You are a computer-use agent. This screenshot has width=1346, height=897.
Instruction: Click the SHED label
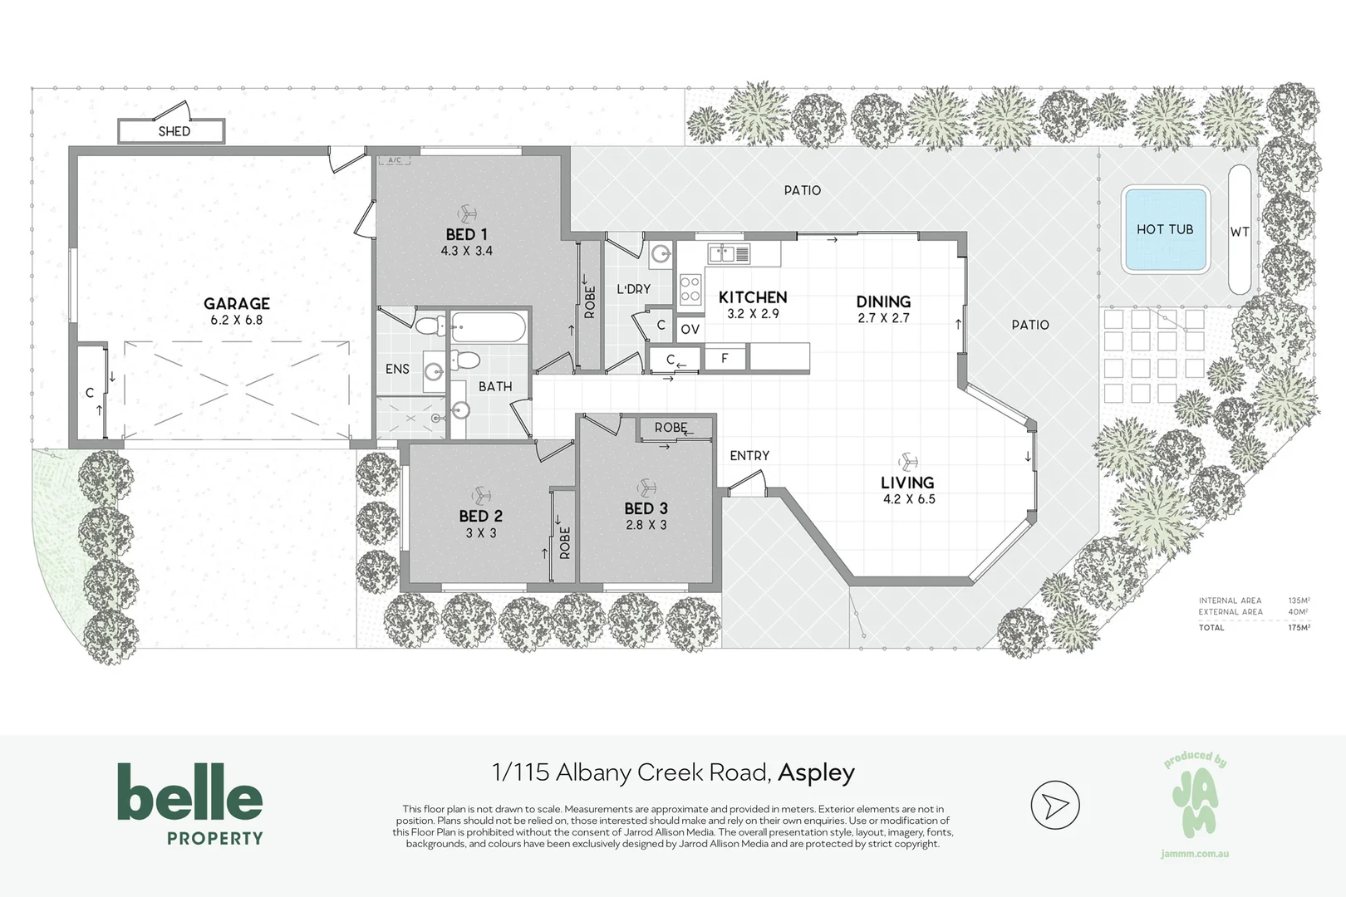[174, 131]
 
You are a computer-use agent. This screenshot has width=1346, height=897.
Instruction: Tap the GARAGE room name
[237, 303]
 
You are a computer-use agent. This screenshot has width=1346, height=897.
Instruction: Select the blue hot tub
[1164, 230]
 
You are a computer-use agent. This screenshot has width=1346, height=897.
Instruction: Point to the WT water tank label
[1239, 232]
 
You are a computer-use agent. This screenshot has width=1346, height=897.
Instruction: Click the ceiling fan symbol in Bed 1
[467, 214]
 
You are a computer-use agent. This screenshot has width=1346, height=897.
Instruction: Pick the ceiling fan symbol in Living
[907, 462]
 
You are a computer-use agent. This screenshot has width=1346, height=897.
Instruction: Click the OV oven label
[690, 330]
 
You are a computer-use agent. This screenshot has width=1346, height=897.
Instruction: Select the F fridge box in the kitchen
[725, 359]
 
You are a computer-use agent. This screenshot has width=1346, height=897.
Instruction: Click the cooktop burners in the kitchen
[690, 288]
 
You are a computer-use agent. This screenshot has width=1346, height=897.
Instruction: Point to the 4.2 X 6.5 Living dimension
[909, 499]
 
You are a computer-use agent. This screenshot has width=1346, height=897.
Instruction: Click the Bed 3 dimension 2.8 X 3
[646, 525]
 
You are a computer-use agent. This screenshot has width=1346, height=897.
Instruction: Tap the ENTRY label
[749, 455]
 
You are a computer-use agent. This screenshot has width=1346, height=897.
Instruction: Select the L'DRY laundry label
[633, 289]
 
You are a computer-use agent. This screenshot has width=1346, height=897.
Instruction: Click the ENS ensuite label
[397, 369]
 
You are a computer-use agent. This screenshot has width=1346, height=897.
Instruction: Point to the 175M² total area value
[1299, 627]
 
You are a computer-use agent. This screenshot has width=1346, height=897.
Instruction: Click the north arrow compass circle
[1054, 805]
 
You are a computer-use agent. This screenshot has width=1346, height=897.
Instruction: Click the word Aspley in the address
[816, 772]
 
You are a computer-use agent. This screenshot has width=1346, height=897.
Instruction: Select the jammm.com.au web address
[1195, 853]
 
